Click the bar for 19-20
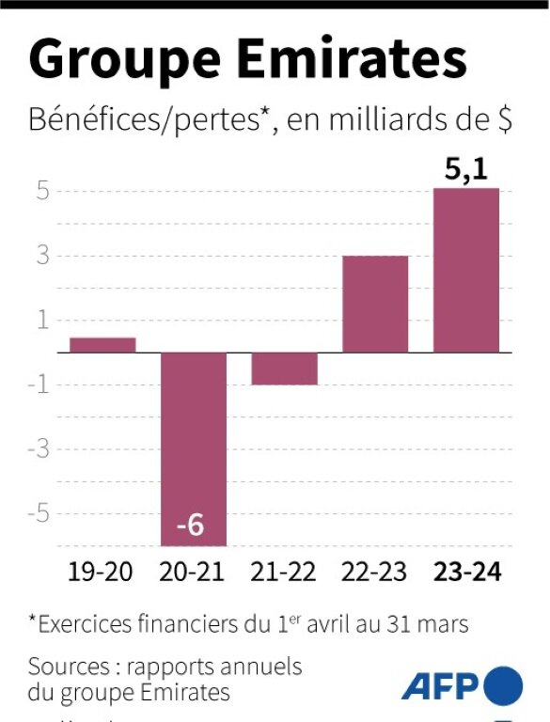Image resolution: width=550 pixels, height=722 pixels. coord(102,345)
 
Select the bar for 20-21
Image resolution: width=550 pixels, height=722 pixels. coord(194,442)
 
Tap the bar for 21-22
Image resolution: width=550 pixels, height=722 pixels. coord(285,369)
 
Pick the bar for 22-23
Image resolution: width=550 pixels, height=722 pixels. coord(375,305)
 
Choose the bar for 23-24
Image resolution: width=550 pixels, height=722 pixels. coord(466,271)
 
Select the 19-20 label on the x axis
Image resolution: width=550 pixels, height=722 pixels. coord(102,572)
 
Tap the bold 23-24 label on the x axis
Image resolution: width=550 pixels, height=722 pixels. coord(467,572)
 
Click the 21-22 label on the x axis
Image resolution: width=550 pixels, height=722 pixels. coord(285,572)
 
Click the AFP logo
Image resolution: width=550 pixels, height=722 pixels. coord(461,684)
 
